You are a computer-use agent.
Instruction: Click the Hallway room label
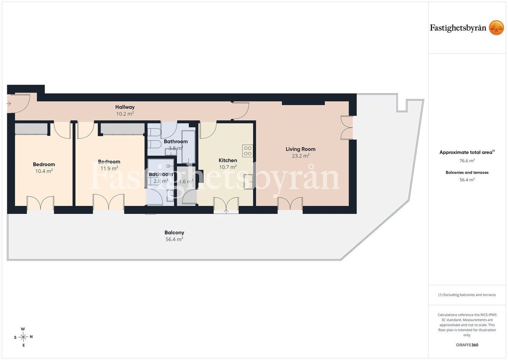pos(125,107)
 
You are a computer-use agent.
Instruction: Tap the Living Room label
pos(301,149)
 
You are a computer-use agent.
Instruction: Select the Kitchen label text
pos(228,160)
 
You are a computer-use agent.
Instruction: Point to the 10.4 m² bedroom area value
pos(44,171)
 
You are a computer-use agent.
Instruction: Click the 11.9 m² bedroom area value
pos(109,168)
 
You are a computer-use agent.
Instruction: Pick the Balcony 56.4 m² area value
pos(174,239)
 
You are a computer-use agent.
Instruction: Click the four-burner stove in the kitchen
pos(248,151)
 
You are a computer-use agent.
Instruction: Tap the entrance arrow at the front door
pos(9,104)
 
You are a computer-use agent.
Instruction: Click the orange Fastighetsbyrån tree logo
pos(496,28)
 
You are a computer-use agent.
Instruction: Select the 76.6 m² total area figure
pos(467,161)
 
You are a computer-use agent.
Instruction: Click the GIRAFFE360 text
pos(467,345)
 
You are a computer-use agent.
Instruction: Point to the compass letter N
pos(31,337)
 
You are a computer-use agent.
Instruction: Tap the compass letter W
pos(23,329)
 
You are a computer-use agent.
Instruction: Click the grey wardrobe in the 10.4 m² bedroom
pos(31,129)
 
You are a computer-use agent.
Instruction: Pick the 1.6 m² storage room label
pos(186,181)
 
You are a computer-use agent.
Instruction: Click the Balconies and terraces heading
pos(467,172)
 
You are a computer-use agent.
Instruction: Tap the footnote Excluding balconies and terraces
pos(467,295)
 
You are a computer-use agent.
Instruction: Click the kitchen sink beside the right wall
pos(248,181)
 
